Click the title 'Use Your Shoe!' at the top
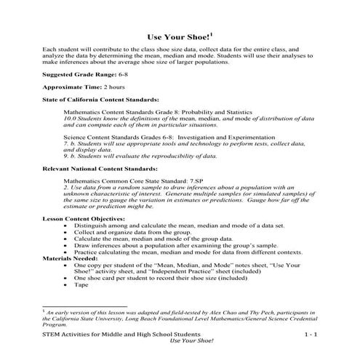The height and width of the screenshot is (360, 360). (x=177, y=35)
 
